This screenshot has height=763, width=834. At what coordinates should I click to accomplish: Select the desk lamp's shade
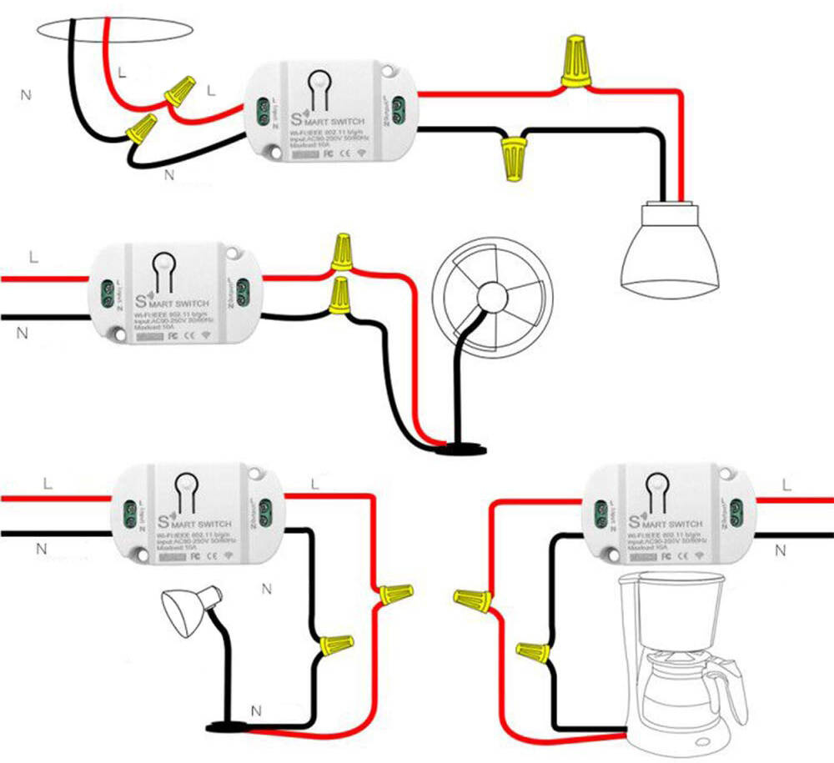click(186, 610)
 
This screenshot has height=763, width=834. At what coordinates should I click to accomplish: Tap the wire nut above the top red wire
click(575, 61)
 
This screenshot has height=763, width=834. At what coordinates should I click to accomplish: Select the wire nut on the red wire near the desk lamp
click(394, 595)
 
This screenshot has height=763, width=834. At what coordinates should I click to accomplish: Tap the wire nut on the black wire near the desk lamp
click(335, 643)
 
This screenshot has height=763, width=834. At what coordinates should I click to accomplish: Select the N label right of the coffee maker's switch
click(781, 550)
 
